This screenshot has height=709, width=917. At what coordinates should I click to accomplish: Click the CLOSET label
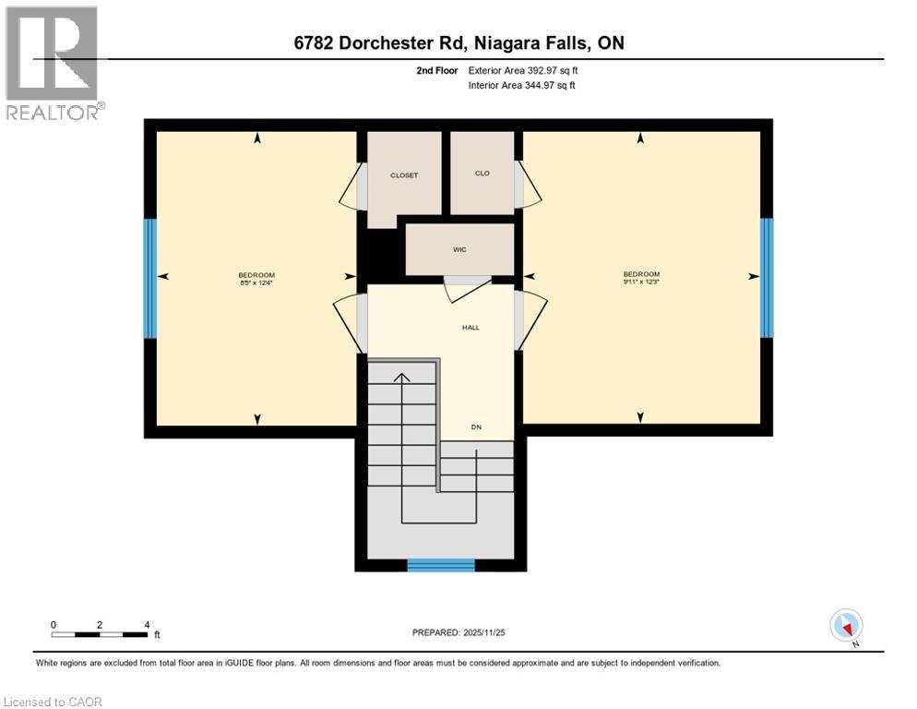tap(403, 175)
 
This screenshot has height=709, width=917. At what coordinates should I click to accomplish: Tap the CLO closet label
tap(482, 174)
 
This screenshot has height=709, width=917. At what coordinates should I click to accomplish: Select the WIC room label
tap(458, 249)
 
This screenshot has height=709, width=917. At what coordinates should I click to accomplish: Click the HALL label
tap(470, 327)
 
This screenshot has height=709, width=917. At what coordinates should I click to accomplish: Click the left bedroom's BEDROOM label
tap(256, 275)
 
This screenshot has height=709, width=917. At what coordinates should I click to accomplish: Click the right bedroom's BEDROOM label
tap(641, 274)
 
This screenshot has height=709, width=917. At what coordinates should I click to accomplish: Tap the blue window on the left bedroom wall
tap(149, 278)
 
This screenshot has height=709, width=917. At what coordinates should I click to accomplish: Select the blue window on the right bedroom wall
tap(766, 278)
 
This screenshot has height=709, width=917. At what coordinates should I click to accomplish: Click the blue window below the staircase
tap(441, 565)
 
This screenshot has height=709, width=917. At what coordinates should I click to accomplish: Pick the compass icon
tap(846, 626)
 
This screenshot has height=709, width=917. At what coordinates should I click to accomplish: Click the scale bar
tap(100, 633)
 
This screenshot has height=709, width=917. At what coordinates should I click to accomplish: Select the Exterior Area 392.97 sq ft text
tap(524, 70)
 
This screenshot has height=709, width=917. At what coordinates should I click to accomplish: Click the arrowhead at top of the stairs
tap(401, 376)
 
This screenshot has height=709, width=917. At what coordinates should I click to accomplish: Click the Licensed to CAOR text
tap(53, 702)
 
